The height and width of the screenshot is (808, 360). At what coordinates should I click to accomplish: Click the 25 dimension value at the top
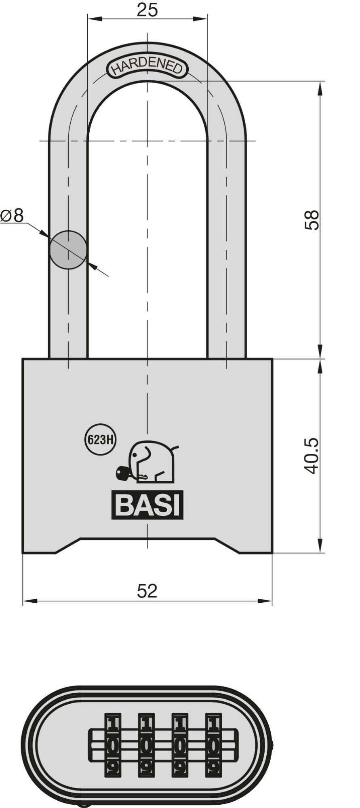pos(147,10)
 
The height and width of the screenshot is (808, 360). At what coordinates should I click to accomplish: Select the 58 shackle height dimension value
pos(312,220)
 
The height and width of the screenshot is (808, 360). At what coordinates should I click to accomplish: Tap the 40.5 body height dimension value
pos(312,456)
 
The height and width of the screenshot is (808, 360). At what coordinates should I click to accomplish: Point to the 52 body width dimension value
pos(147,591)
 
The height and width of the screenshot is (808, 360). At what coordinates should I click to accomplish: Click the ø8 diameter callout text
pos(12,216)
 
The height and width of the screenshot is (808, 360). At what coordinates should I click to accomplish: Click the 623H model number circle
pos(100,440)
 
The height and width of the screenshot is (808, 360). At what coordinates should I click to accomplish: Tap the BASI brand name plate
pos(147,505)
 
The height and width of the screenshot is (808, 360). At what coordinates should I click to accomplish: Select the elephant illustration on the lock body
pos(153,461)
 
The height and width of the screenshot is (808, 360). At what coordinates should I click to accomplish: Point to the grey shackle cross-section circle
pos(68,250)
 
